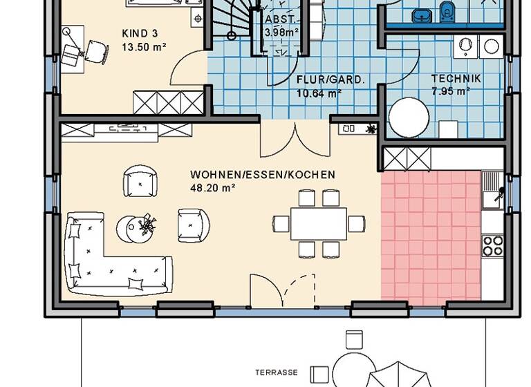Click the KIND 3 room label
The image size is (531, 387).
coord(140,33)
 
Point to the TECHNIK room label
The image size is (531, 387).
coord(456,79)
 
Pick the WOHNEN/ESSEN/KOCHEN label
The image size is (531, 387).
coord(263,175)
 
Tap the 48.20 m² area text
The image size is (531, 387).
coord(213,187)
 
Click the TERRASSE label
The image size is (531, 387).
coord(277,372)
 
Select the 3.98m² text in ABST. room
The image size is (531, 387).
coord(281,31)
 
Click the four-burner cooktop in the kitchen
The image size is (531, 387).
coord(492,244)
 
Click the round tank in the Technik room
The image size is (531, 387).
coord(409,117)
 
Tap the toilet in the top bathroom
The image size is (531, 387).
coord(447,12)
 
